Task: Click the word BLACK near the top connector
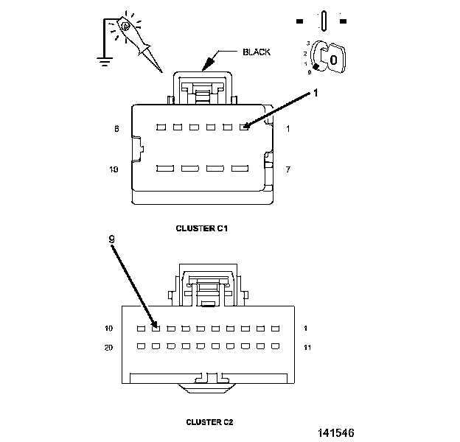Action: (x=257, y=52)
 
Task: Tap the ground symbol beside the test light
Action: (x=105, y=62)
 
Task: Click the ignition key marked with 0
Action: (x=332, y=58)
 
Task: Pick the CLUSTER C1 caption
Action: (x=202, y=228)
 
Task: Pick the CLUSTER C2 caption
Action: (x=209, y=422)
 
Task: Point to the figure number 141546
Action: (x=336, y=433)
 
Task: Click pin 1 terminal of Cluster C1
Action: (x=244, y=127)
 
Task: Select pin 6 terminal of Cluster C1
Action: (x=161, y=127)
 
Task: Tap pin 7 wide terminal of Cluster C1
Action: (x=240, y=169)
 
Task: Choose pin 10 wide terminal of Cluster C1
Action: (x=165, y=169)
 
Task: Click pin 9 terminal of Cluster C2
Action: (x=156, y=329)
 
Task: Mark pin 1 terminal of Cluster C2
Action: (x=275, y=329)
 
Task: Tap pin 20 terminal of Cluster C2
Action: (x=141, y=346)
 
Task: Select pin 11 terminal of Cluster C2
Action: (x=275, y=346)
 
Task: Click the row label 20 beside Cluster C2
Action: (x=108, y=348)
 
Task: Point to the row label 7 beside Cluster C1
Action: (x=288, y=169)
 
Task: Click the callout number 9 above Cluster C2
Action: (x=111, y=239)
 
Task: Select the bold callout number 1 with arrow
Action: (x=316, y=94)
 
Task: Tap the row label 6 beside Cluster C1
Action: (x=116, y=129)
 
